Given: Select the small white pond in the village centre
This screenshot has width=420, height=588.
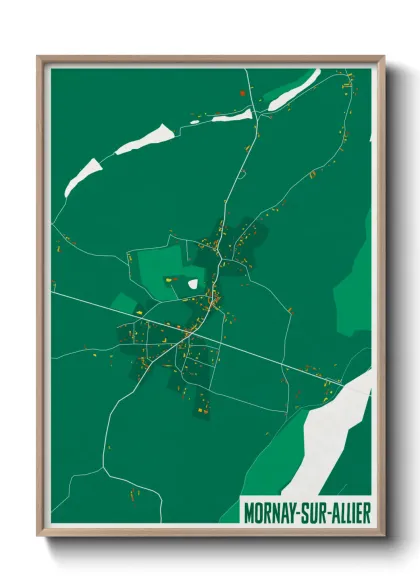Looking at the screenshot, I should [193, 284].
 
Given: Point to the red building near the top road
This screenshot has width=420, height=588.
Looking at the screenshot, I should [242, 94].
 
